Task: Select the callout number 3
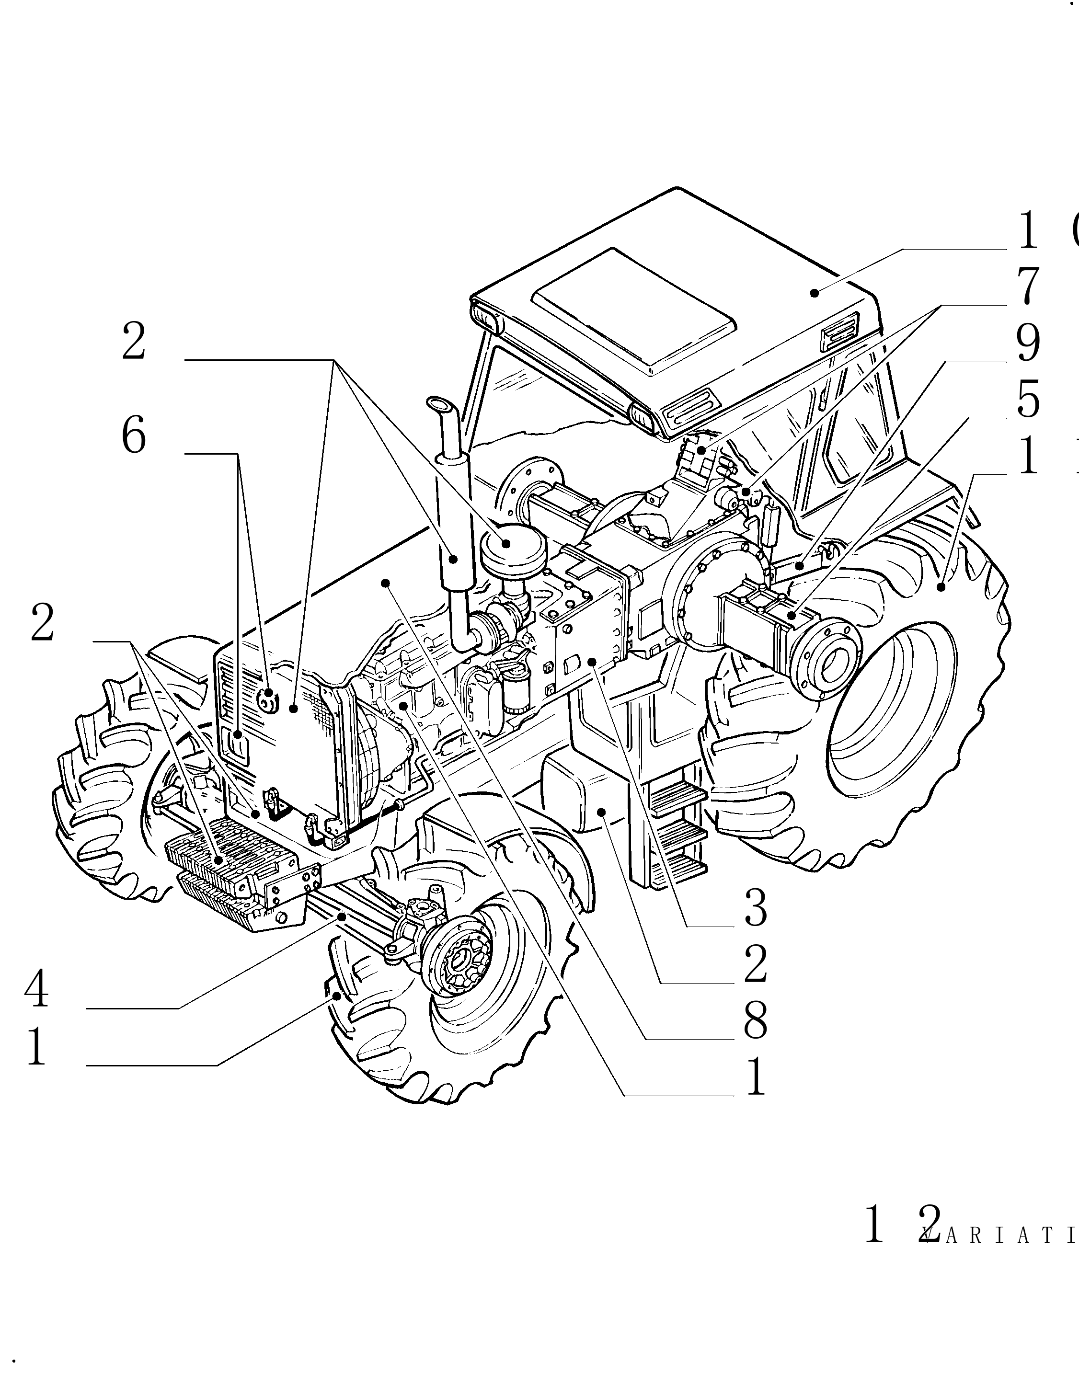pyautogui.click(x=756, y=908)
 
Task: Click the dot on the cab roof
pyautogui.click(x=815, y=292)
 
